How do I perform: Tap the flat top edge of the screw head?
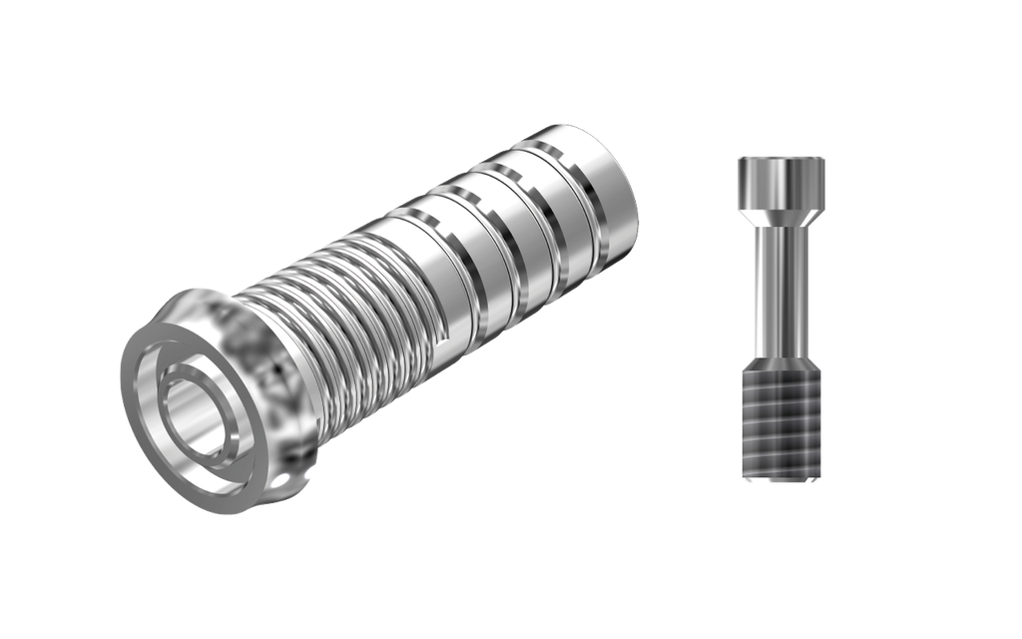click(x=780, y=157)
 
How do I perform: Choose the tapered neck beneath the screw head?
click(x=780, y=218)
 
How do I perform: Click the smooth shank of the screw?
click(x=780, y=290)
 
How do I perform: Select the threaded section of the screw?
click(x=780, y=419)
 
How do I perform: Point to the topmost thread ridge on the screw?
click(x=780, y=372)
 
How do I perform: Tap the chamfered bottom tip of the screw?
click(x=780, y=483)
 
